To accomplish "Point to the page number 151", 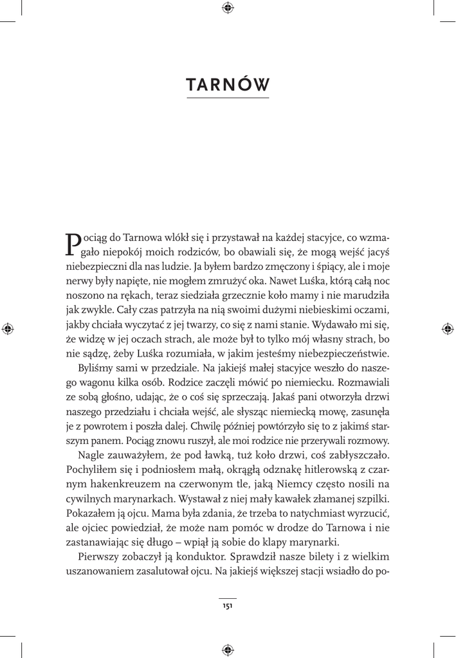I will click(228, 605).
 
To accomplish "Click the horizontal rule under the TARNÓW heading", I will click(228, 98).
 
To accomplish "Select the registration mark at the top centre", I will click(228, 8).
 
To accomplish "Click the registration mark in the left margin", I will click(8, 328).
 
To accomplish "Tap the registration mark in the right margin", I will click(448, 328).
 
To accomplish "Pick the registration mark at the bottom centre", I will click(228, 650).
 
